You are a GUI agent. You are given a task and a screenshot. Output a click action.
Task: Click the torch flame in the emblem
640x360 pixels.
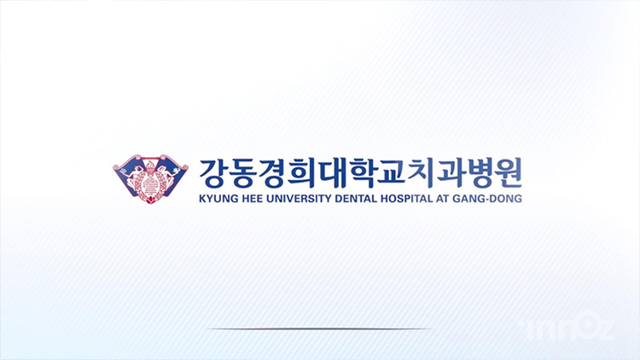tap(150, 164)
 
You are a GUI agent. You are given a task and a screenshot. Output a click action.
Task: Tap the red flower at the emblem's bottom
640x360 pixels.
tap(150, 200)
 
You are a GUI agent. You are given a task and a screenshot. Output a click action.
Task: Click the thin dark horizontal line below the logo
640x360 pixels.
tap(319, 328)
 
